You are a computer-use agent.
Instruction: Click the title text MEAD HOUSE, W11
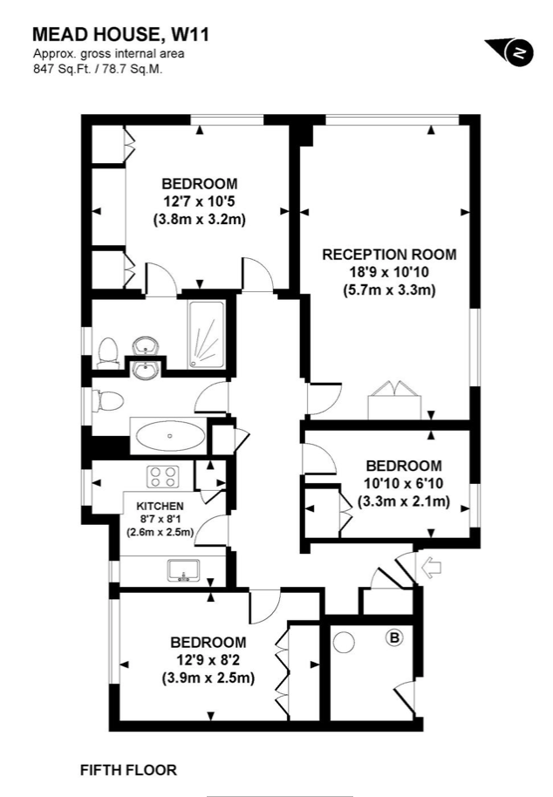tap(120, 35)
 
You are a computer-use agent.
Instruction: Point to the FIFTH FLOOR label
tap(128, 770)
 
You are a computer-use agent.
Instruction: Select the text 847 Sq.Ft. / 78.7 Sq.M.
tap(98, 68)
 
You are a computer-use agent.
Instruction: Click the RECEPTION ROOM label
tap(389, 255)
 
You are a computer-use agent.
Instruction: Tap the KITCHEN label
tap(160, 506)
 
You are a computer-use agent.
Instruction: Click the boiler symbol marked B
tap(394, 639)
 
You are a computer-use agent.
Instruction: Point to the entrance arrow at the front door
tap(432, 569)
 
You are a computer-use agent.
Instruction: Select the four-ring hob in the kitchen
tap(162, 477)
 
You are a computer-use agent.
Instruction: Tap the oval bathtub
tap(169, 433)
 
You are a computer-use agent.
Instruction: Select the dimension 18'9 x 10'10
tap(389, 272)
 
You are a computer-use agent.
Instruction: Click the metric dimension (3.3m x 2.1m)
tap(403, 501)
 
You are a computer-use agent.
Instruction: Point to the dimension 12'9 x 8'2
tap(208, 659)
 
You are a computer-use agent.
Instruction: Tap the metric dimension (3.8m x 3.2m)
tap(200, 220)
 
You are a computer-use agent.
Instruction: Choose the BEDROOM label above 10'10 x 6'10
tap(403, 466)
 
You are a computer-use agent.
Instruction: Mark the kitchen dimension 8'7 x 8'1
tap(160, 519)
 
